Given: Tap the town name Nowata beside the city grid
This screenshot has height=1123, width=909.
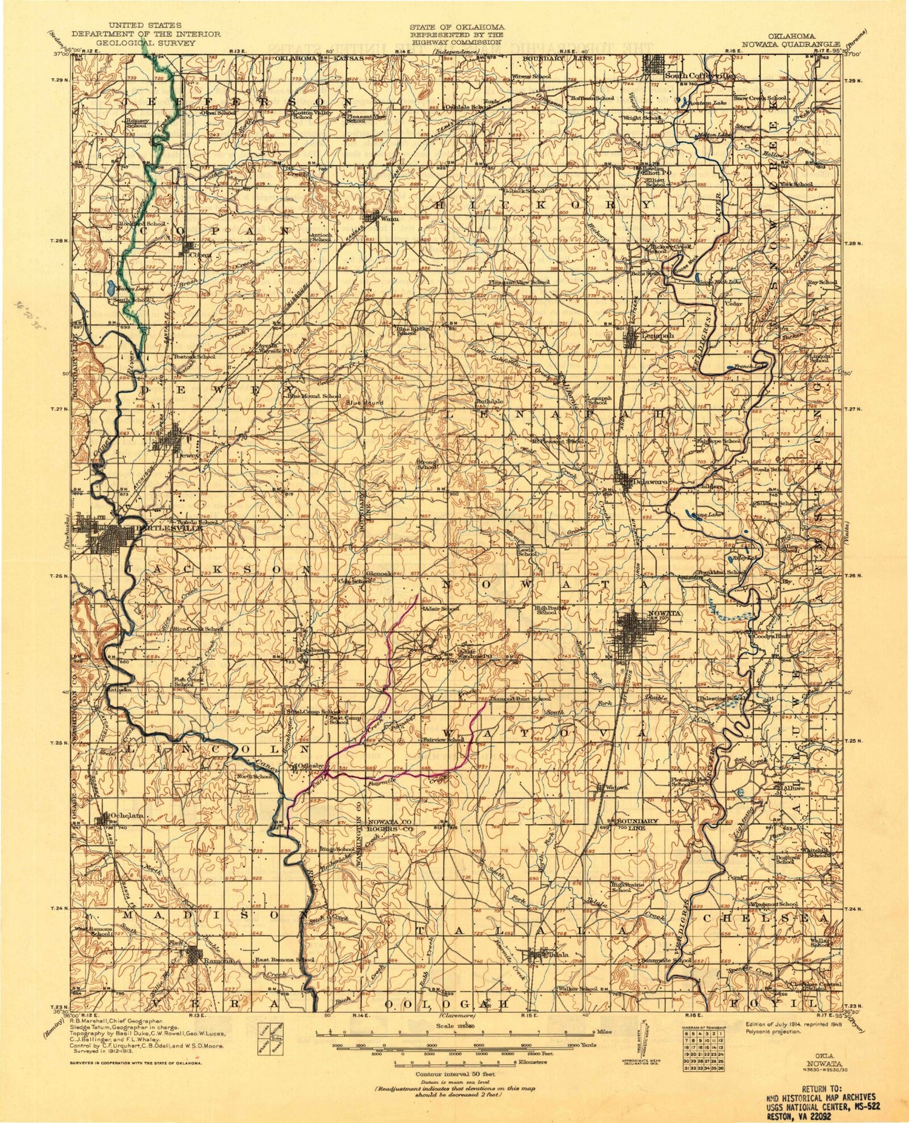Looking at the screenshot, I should (665, 613).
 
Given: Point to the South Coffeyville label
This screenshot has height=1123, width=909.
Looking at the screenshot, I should (700, 76).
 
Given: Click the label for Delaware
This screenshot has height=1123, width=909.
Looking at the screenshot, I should (651, 482).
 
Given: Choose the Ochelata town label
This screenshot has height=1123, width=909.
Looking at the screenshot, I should (128, 816).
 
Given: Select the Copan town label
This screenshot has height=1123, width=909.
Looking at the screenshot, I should (201, 255).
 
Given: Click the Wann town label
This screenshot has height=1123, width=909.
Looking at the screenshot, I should (390, 219).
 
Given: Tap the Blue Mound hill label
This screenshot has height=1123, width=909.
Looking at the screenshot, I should (365, 402).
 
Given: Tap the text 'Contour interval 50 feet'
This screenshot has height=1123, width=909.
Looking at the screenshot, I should (454, 1073).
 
